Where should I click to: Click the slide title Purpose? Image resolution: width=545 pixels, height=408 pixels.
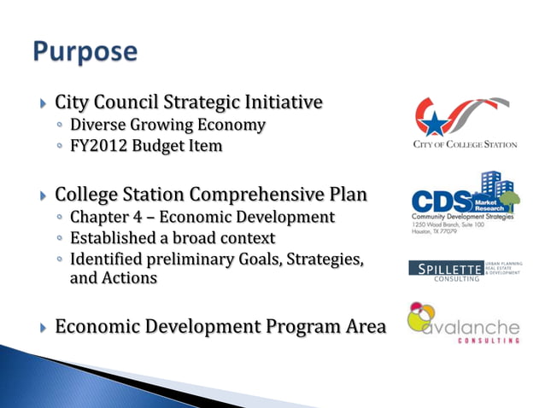(85, 51)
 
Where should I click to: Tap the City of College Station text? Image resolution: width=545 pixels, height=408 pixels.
(465, 144)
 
